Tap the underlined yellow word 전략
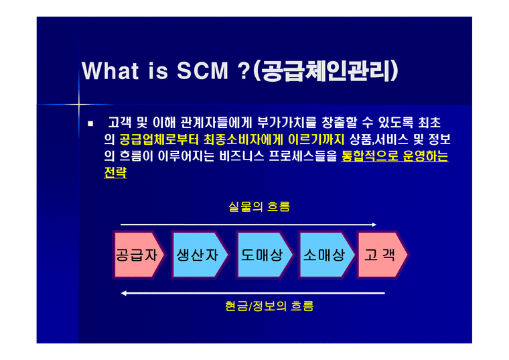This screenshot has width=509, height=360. coord(115,173)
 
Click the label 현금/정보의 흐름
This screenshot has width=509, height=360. coord(269,306)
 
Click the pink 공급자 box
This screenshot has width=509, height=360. coord(137,255)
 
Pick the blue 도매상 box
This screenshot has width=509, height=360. coord(262,255)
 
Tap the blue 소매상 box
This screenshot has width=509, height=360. coord(324,255)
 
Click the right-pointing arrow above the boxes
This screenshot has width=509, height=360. coord(248,225)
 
